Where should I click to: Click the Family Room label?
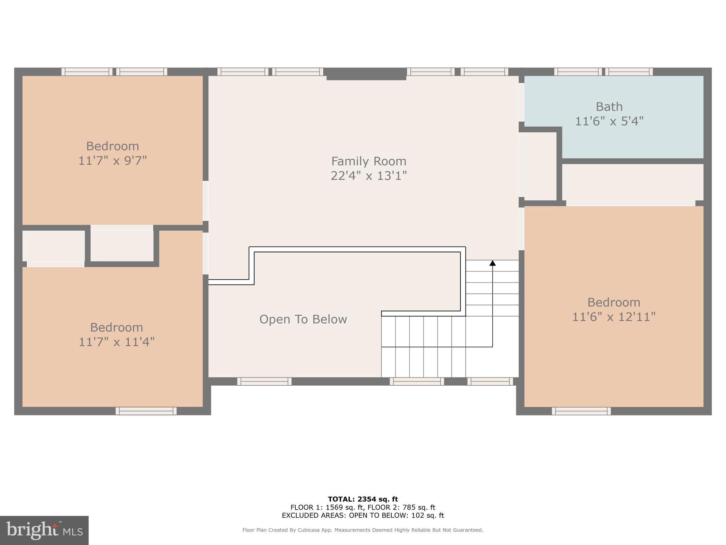point(369,161)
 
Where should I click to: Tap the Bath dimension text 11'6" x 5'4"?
point(609,121)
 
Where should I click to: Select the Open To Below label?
point(303,319)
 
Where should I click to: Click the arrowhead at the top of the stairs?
point(492,263)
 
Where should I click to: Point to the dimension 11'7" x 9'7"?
point(112,161)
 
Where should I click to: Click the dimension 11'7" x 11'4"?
point(116,342)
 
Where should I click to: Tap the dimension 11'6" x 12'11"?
point(614,317)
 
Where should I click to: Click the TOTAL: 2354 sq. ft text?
point(363,499)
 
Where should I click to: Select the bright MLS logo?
point(44,530)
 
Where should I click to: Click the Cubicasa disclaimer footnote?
point(363,530)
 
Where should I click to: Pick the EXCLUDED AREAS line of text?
point(363,516)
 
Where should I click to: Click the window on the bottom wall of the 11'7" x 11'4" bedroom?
point(146,411)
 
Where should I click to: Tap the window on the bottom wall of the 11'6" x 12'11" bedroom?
point(581,411)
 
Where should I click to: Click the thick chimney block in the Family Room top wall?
point(366,74)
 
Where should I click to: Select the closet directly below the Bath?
point(632,182)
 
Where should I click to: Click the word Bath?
point(609,107)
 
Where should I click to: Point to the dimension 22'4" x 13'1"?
point(369,176)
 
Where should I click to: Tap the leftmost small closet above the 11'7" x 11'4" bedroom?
point(54,246)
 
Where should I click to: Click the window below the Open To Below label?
point(264,381)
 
